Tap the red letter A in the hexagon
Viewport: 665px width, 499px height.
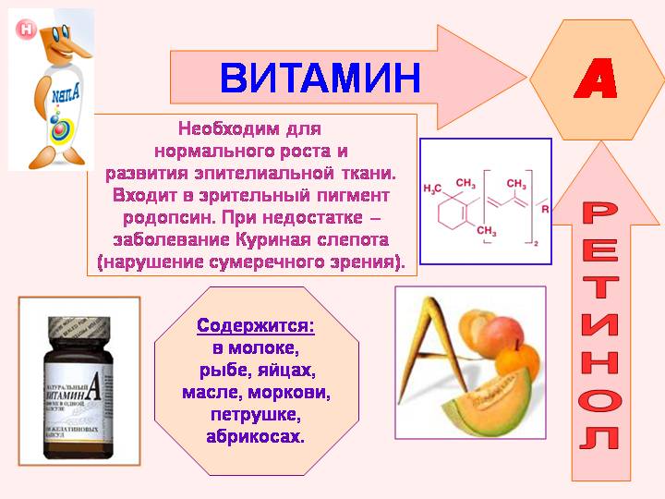pyautogui.click(x=596, y=82)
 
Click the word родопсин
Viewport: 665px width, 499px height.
pyautogui.click(x=167, y=218)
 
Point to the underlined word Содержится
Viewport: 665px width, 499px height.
pyautogui.click(x=255, y=326)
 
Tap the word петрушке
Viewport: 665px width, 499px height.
pyautogui.click(x=255, y=414)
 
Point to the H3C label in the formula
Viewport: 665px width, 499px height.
pyautogui.click(x=434, y=189)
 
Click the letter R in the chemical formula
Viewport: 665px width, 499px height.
pyautogui.click(x=545, y=209)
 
